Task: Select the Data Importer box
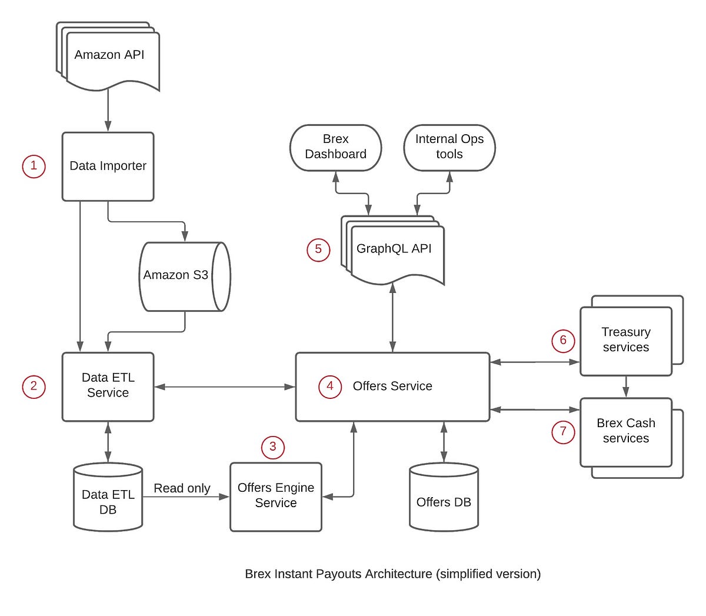(x=108, y=167)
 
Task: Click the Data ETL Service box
(x=108, y=386)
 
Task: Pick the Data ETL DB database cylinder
(x=108, y=499)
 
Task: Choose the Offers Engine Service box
(x=275, y=496)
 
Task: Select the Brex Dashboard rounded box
(x=335, y=147)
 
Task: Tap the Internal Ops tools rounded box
(x=449, y=147)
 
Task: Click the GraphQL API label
(x=394, y=249)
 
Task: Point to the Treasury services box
(x=625, y=340)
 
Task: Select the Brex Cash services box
(x=625, y=431)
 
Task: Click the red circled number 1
(x=34, y=166)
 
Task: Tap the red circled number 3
(x=272, y=447)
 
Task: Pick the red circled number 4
(x=329, y=386)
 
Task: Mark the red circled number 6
(x=563, y=340)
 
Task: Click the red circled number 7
(x=563, y=432)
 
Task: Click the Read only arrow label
(x=182, y=488)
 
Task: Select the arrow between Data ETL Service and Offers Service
(x=225, y=387)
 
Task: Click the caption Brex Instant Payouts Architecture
(x=392, y=574)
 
